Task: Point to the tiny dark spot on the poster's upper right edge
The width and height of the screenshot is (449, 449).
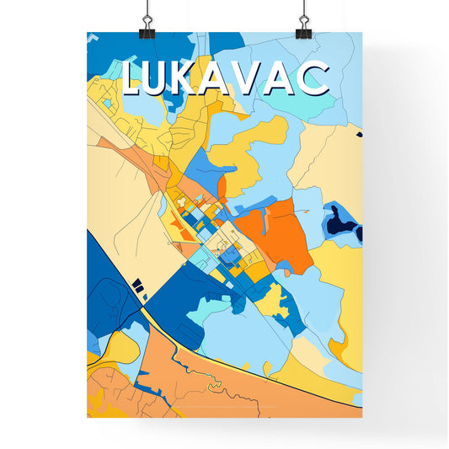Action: coord(358,134)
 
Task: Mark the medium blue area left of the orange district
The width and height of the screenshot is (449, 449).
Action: coord(204,168)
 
